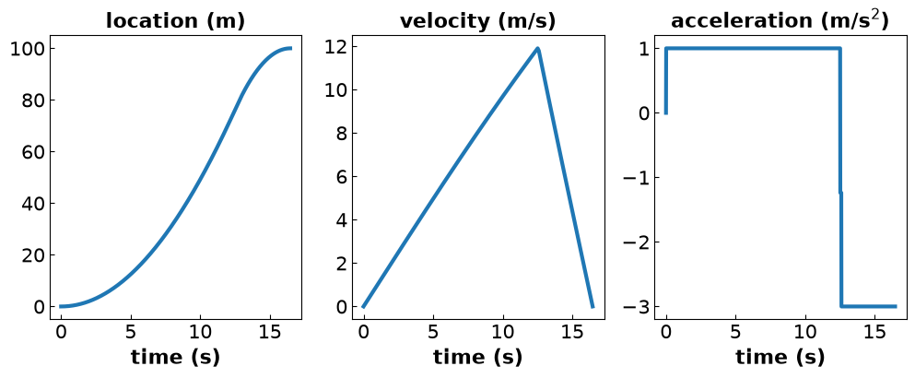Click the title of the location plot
(x=175, y=21)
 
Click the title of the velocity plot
(x=478, y=21)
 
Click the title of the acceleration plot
(x=780, y=20)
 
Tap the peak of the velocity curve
(x=537, y=48)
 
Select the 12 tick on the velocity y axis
(x=335, y=46)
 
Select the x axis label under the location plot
(x=175, y=357)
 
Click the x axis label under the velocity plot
(x=478, y=357)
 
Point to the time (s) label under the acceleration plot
(x=780, y=357)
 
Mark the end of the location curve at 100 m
(x=290, y=49)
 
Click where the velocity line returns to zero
(x=592, y=306)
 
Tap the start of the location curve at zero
(x=61, y=306)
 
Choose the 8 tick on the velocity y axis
(x=341, y=133)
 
